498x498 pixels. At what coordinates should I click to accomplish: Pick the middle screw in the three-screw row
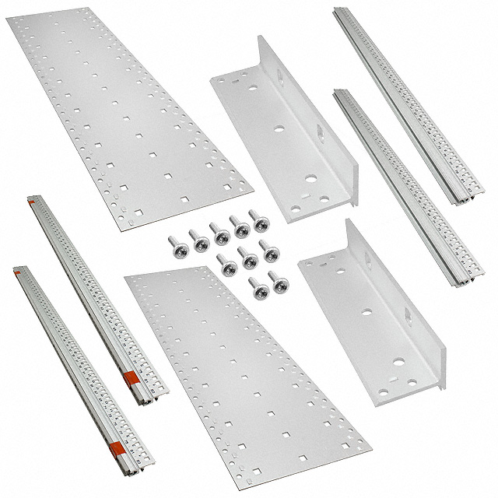pyautogui.click(x=249, y=259)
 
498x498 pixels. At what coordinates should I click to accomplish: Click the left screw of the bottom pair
pyautogui.click(x=258, y=290)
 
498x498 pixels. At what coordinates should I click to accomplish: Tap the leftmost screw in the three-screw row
pyautogui.click(x=230, y=267)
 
